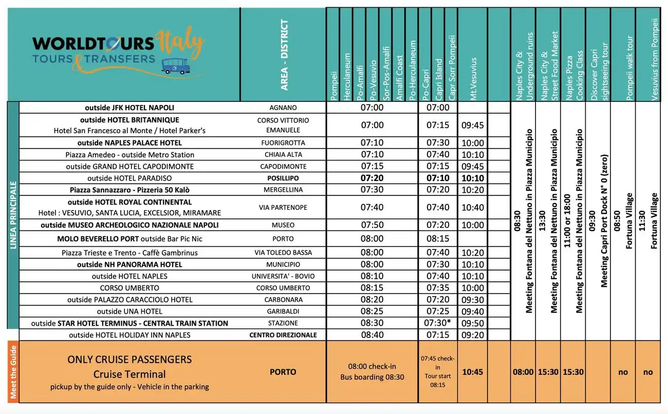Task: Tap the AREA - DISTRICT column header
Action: coord(285,55)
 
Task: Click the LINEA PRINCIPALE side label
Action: coord(13,215)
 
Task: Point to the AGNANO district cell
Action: coord(283,108)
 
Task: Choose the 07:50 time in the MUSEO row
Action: coord(372,225)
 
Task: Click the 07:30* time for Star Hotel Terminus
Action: coord(438,323)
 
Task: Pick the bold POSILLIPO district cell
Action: coord(283,178)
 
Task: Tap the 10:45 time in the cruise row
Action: coord(472,371)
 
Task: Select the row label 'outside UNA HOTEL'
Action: coord(129,311)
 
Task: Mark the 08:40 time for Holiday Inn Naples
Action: coord(372,335)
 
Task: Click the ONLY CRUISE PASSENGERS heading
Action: coord(129,359)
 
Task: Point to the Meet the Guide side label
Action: coord(13,371)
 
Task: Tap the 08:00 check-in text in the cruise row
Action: coord(372,366)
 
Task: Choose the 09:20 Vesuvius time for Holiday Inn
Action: coord(472,335)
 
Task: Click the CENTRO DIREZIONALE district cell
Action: coord(283,335)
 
